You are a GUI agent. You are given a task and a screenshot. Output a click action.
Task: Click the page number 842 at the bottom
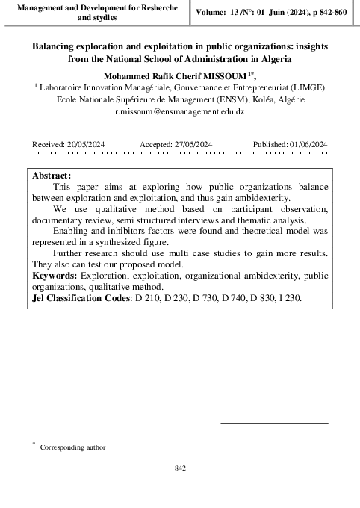(179, 468)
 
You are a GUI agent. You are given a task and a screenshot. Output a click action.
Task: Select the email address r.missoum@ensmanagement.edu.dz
(180, 111)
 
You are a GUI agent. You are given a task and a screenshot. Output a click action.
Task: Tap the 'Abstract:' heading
(52, 174)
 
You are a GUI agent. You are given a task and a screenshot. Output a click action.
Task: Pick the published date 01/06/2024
(302, 144)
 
